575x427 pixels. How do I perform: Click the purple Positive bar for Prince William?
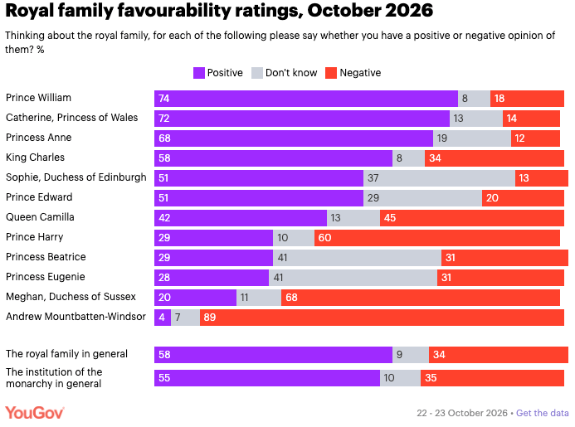[306, 98]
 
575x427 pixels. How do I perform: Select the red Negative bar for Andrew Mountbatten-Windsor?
[382, 317]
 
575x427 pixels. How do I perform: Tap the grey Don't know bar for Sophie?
[439, 178]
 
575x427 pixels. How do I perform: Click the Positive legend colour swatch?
[199, 73]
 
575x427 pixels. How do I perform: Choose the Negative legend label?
[360, 73]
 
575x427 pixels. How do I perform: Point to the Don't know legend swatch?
[257, 73]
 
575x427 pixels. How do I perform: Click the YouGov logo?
[35, 413]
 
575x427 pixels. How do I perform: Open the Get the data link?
[543, 413]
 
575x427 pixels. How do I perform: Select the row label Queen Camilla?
[40, 217]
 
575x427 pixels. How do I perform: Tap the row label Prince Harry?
[35, 237]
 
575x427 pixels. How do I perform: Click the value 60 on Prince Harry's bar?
[324, 238]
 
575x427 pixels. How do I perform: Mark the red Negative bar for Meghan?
[420, 298]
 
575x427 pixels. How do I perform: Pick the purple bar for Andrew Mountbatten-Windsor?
[163, 317]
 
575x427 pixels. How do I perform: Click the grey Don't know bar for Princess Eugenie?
[353, 278]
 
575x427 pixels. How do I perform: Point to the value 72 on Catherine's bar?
[164, 119]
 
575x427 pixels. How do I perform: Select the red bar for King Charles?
[495, 158]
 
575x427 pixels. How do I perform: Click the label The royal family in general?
[66, 354]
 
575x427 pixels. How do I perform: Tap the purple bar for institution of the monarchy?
[267, 378]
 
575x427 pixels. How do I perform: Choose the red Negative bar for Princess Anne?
[535, 138]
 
